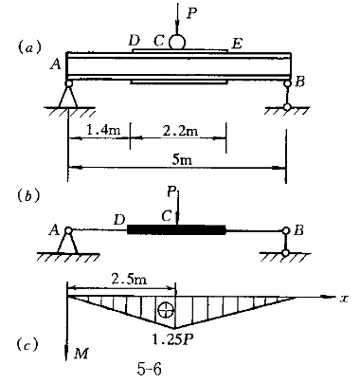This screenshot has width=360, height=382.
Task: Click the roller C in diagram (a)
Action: pos(177,42)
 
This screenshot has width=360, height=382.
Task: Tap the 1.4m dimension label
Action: pos(103,130)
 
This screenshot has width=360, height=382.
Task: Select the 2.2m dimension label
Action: pos(181,130)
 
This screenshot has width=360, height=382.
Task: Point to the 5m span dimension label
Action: pos(182,159)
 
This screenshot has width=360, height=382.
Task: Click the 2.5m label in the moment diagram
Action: pos(129,280)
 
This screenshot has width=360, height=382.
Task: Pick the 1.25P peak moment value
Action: pos(172,339)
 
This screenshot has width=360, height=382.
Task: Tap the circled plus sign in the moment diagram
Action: pos(166,311)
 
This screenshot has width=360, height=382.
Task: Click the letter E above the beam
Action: pos(237,44)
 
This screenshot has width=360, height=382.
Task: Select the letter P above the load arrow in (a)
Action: pos(191,13)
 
